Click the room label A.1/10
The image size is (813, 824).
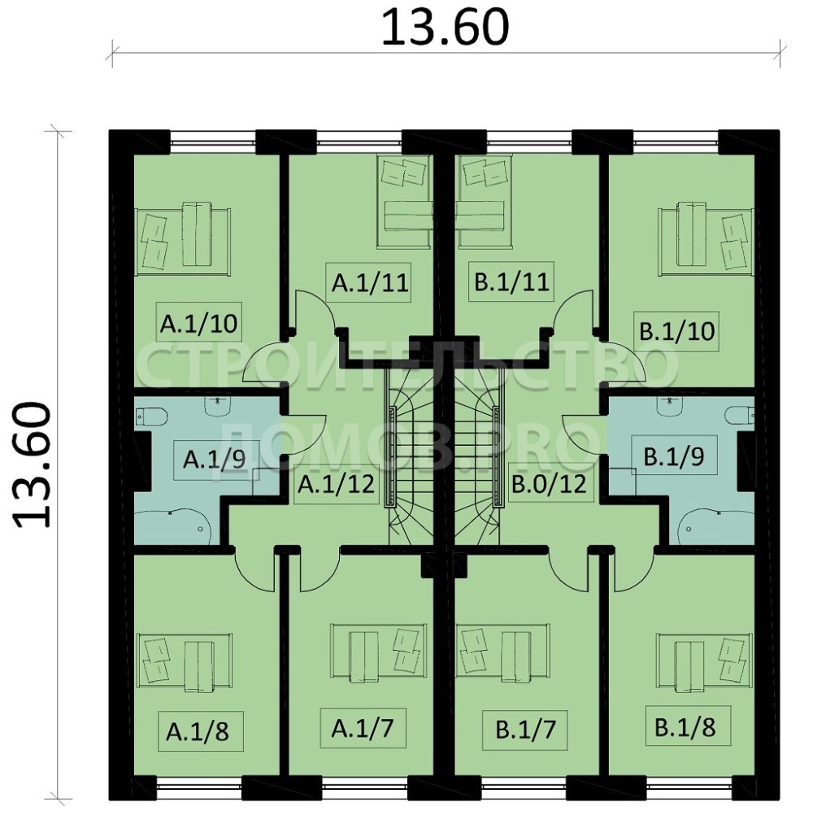click(199, 324)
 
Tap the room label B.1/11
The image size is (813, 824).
click(511, 281)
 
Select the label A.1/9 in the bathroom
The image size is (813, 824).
click(215, 460)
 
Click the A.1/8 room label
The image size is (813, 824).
click(198, 731)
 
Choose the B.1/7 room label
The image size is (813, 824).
click(526, 730)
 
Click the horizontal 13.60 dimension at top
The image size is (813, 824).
click(445, 28)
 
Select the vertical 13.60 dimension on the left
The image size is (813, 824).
click(33, 464)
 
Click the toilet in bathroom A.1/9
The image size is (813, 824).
click(151, 417)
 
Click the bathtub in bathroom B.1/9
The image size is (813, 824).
click(716, 526)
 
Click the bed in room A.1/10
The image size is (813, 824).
click(183, 239)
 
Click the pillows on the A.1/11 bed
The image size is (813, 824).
click(403, 172)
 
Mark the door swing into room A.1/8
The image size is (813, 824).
click(254, 571)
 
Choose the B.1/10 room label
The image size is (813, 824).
click(677, 332)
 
